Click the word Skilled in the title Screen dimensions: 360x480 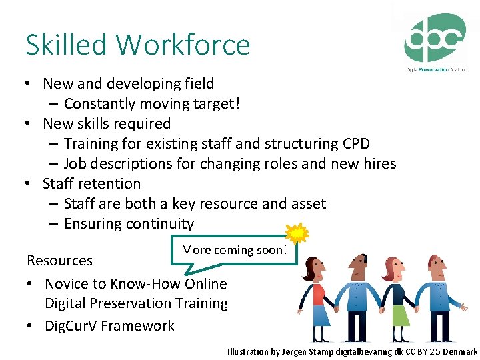(x=66, y=45)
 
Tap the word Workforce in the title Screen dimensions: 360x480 (x=183, y=45)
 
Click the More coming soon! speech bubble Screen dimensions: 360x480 (x=234, y=250)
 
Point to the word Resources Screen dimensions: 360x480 (x=59, y=260)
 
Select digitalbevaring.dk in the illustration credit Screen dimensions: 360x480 (x=355, y=351)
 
